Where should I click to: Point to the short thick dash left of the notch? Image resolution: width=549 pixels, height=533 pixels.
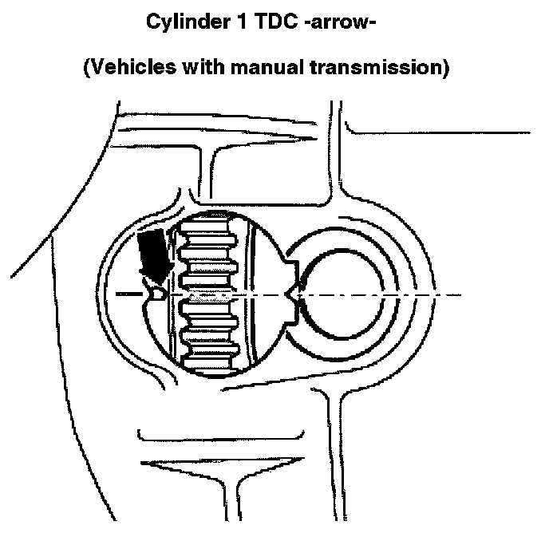point(127,294)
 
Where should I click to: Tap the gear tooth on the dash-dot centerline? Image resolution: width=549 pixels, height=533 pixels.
point(209,294)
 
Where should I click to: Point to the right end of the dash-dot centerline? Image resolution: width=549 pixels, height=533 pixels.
point(460,294)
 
